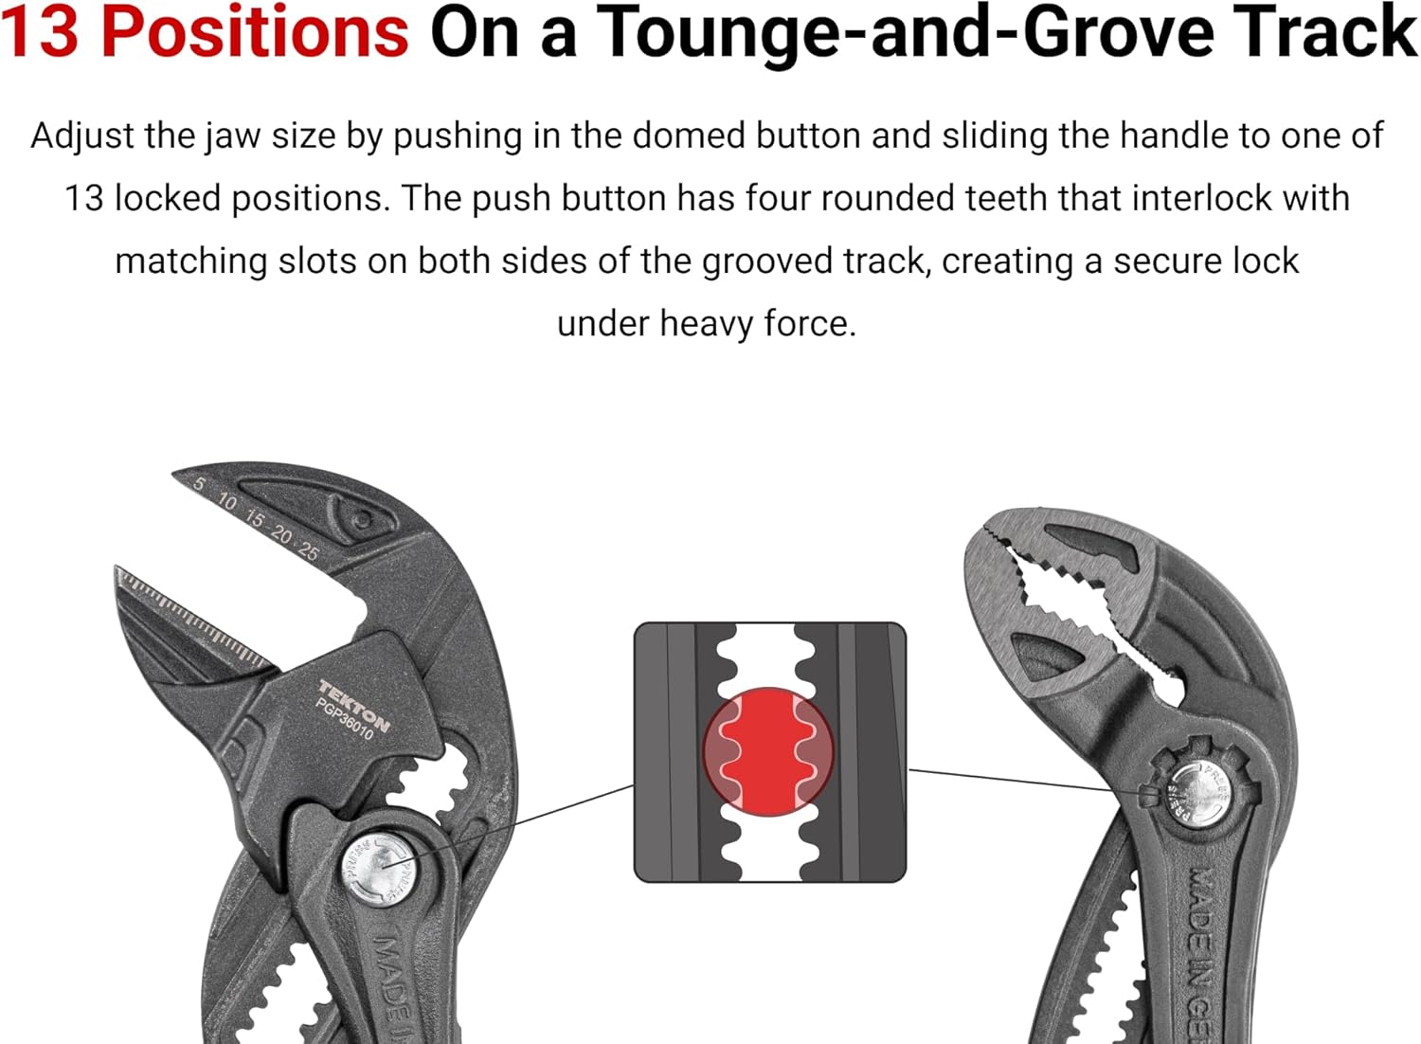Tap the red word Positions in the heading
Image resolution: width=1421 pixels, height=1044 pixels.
(254, 33)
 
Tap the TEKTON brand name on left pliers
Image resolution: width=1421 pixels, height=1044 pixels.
(353, 706)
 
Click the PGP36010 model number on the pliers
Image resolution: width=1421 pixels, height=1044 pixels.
(344, 721)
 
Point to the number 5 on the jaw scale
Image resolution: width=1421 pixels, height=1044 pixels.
(199, 484)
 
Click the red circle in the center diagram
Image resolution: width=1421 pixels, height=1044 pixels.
(768, 751)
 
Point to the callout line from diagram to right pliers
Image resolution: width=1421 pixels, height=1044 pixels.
(1023, 780)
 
